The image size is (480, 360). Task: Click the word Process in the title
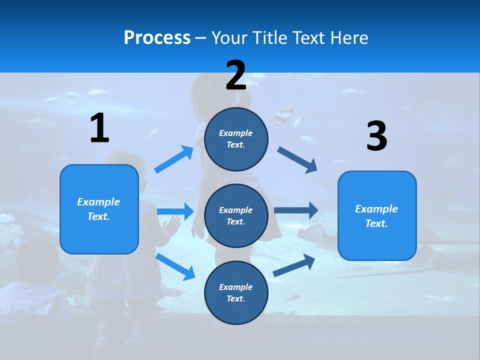click(x=157, y=38)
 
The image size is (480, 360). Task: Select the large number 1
click(x=100, y=127)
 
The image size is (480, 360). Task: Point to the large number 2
click(x=236, y=75)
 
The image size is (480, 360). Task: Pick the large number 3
click(x=376, y=135)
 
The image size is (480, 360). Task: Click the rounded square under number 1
click(x=99, y=209)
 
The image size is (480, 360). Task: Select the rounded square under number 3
click(x=377, y=216)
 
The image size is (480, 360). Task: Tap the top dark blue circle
click(x=236, y=139)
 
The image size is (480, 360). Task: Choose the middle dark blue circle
click(x=236, y=216)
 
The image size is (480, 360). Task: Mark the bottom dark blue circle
click(x=236, y=292)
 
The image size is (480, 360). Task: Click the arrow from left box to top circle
click(x=173, y=159)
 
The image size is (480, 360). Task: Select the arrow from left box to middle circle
click(x=175, y=211)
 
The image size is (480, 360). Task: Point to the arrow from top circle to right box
click(x=297, y=160)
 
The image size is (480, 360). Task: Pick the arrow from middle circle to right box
click(x=296, y=210)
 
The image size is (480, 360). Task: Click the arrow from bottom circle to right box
click(x=294, y=265)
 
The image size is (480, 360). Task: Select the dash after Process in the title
click(x=201, y=39)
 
